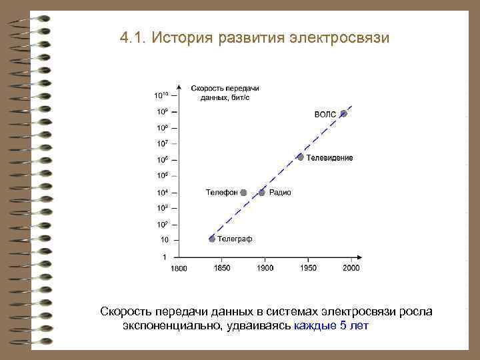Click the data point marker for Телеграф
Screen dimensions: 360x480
(212, 239)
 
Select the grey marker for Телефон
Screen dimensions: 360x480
(244, 193)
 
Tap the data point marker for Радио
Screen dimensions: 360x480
(262, 193)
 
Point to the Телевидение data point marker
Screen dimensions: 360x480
(301, 157)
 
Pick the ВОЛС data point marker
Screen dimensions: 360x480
(343, 114)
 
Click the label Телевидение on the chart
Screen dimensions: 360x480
(330, 158)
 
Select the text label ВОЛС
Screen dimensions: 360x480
(325, 115)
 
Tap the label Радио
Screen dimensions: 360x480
(280, 193)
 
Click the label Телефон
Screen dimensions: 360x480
(221, 193)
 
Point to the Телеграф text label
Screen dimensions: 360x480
(235, 239)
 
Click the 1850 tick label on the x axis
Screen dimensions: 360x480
(222, 268)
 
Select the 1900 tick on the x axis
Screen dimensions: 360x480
(265, 268)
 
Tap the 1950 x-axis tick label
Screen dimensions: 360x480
(308, 268)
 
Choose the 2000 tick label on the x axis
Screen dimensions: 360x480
(351, 268)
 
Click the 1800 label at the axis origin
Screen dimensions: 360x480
(179, 269)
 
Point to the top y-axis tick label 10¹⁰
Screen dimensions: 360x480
(161, 95)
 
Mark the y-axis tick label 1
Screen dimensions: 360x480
(165, 256)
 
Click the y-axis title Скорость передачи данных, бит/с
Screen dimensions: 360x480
(225, 93)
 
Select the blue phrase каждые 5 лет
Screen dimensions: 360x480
(331, 326)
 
